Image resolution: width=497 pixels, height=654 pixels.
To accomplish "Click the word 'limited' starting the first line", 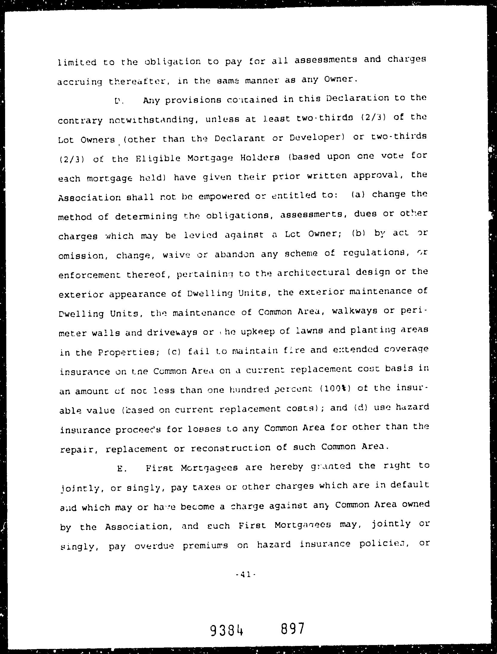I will coord(77,63).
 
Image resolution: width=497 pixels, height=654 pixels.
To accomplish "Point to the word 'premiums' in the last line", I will coord(205,546).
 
